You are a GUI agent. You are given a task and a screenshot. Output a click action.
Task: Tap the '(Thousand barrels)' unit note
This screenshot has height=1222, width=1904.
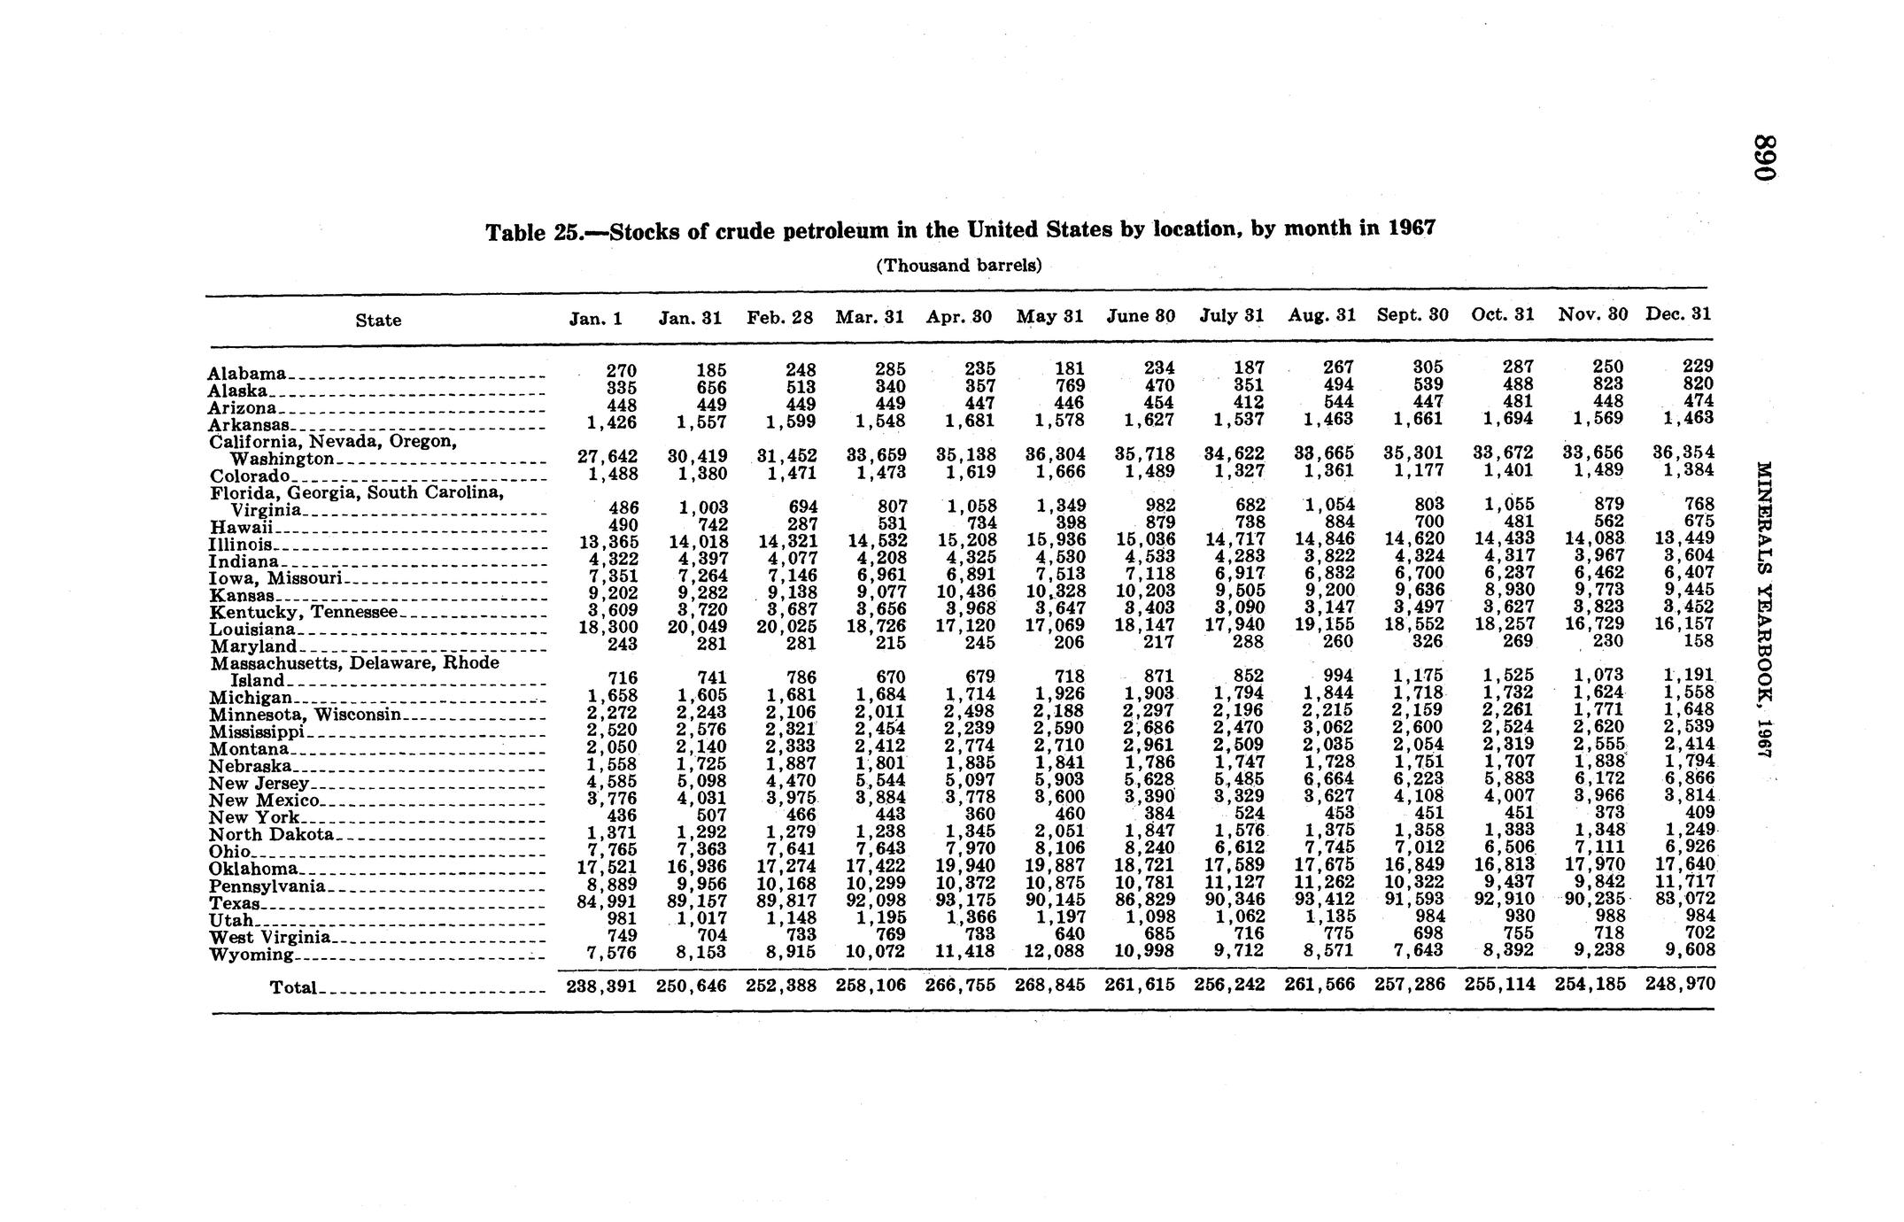tap(958, 266)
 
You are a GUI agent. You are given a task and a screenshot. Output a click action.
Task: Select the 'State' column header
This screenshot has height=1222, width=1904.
tap(378, 321)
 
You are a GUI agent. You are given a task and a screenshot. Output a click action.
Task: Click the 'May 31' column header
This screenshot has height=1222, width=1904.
tap(1049, 315)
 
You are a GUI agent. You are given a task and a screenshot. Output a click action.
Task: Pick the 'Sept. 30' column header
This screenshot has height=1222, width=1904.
tap(1413, 314)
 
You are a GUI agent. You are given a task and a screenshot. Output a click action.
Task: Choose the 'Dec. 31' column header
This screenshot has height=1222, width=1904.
tap(1678, 313)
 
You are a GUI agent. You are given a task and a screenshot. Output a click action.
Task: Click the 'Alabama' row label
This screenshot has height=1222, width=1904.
tap(247, 374)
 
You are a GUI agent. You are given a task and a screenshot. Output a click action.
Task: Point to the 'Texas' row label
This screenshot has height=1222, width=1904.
tap(235, 903)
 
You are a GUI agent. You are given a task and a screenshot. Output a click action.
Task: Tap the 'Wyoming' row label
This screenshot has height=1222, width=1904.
tap(252, 955)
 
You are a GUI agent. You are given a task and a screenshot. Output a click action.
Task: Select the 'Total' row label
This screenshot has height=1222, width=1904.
tap(292, 987)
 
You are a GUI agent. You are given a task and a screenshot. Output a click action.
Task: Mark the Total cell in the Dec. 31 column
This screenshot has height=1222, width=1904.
tap(1679, 984)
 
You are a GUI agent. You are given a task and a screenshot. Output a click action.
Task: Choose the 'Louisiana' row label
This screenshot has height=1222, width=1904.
tap(252, 629)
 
